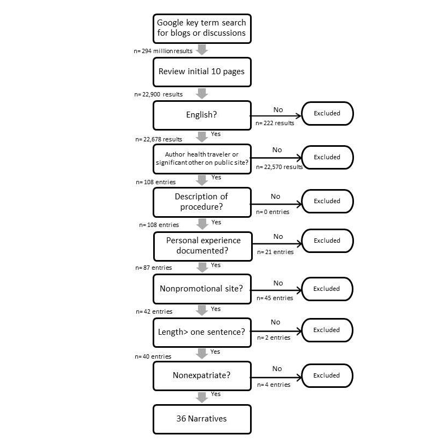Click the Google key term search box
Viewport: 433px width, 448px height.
pos(202,28)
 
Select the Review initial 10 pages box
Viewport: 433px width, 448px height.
pos(202,72)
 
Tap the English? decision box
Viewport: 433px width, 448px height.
pos(202,115)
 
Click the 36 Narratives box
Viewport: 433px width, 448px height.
pos(202,419)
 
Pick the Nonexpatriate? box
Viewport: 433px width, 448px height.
pos(202,375)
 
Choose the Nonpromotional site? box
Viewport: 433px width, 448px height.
pos(202,289)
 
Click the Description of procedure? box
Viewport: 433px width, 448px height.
pos(202,201)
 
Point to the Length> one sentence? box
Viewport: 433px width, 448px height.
pos(202,332)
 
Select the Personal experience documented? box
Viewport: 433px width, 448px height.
pos(202,245)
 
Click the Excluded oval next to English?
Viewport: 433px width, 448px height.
pos(327,114)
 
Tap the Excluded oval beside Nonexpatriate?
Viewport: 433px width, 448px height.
pos(327,375)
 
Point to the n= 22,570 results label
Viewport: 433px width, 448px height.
pos(279,167)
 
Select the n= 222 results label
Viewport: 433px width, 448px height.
pos(275,123)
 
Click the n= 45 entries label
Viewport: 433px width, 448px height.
pos(275,298)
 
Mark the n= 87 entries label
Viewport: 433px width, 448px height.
pos(154,268)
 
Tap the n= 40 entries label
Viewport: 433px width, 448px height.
pos(154,356)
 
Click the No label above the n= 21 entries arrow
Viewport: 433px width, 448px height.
pos(278,237)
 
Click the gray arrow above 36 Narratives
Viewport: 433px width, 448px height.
pos(202,397)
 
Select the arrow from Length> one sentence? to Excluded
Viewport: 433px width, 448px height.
pos(276,330)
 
